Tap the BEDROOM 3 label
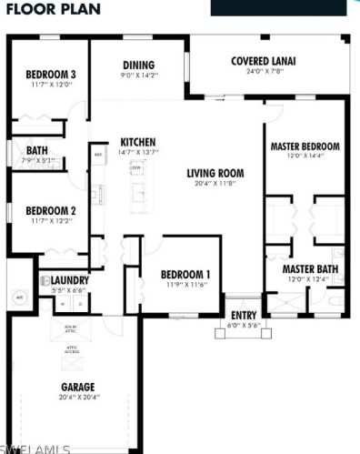pos(50,75)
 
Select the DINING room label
pos(139,66)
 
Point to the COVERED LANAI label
pos(263,62)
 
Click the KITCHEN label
pos(139,143)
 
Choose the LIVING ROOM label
pos(216,173)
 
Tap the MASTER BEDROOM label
pos(305,146)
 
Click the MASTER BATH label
pos(305,270)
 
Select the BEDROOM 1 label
pos(185,275)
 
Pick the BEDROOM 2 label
pos(50,210)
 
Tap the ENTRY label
pos(244,315)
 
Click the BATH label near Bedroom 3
pos(37,151)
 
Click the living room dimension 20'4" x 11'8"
pos(216,184)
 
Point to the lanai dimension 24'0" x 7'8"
pos(263,73)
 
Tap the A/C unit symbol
pos(18,297)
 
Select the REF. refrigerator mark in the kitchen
pos(98,154)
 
